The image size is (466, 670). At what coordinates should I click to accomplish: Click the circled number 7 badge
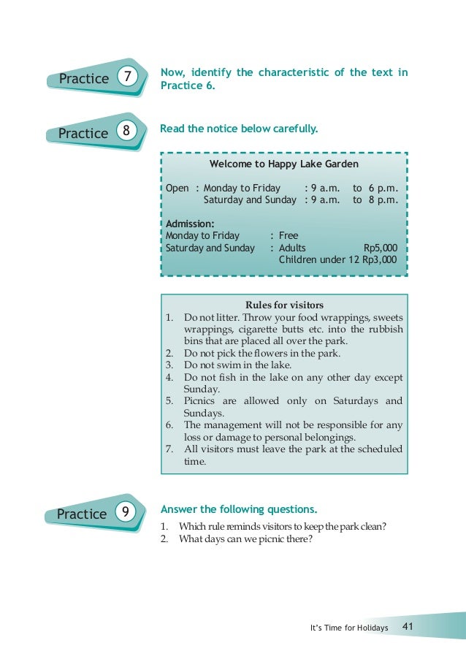pyautogui.click(x=127, y=77)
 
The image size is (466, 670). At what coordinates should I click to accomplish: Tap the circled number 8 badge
pyautogui.click(x=127, y=132)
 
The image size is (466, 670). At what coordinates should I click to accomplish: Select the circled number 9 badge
pyautogui.click(x=126, y=513)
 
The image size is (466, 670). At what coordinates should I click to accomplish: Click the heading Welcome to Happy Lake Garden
pyautogui.click(x=283, y=164)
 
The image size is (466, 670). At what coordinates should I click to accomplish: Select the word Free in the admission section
pyautogui.click(x=289, y=236)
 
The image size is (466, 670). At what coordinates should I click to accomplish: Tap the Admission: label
pyautogui.click(x=190, y=224)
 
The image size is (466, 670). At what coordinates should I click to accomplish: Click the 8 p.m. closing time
pyautogui.click(x=383, y=199)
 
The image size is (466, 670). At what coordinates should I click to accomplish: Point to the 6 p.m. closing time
pyautogui.click(x=383, y=188)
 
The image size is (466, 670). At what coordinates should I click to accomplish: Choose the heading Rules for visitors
pyautogui.click(x=284, y=305)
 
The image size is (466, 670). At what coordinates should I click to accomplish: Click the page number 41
pyautogui.click(x=408, y=627)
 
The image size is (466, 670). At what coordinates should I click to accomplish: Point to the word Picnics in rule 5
pyautogui.click(x=201, y=400)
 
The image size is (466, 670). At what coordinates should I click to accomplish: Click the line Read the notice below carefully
pyautogui.click(x=239, y=129)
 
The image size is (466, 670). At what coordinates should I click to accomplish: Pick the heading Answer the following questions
pyautogui.click(x=239, y=509)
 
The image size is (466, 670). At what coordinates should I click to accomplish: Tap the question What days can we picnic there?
pyautogui.click(x=245, y=540)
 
